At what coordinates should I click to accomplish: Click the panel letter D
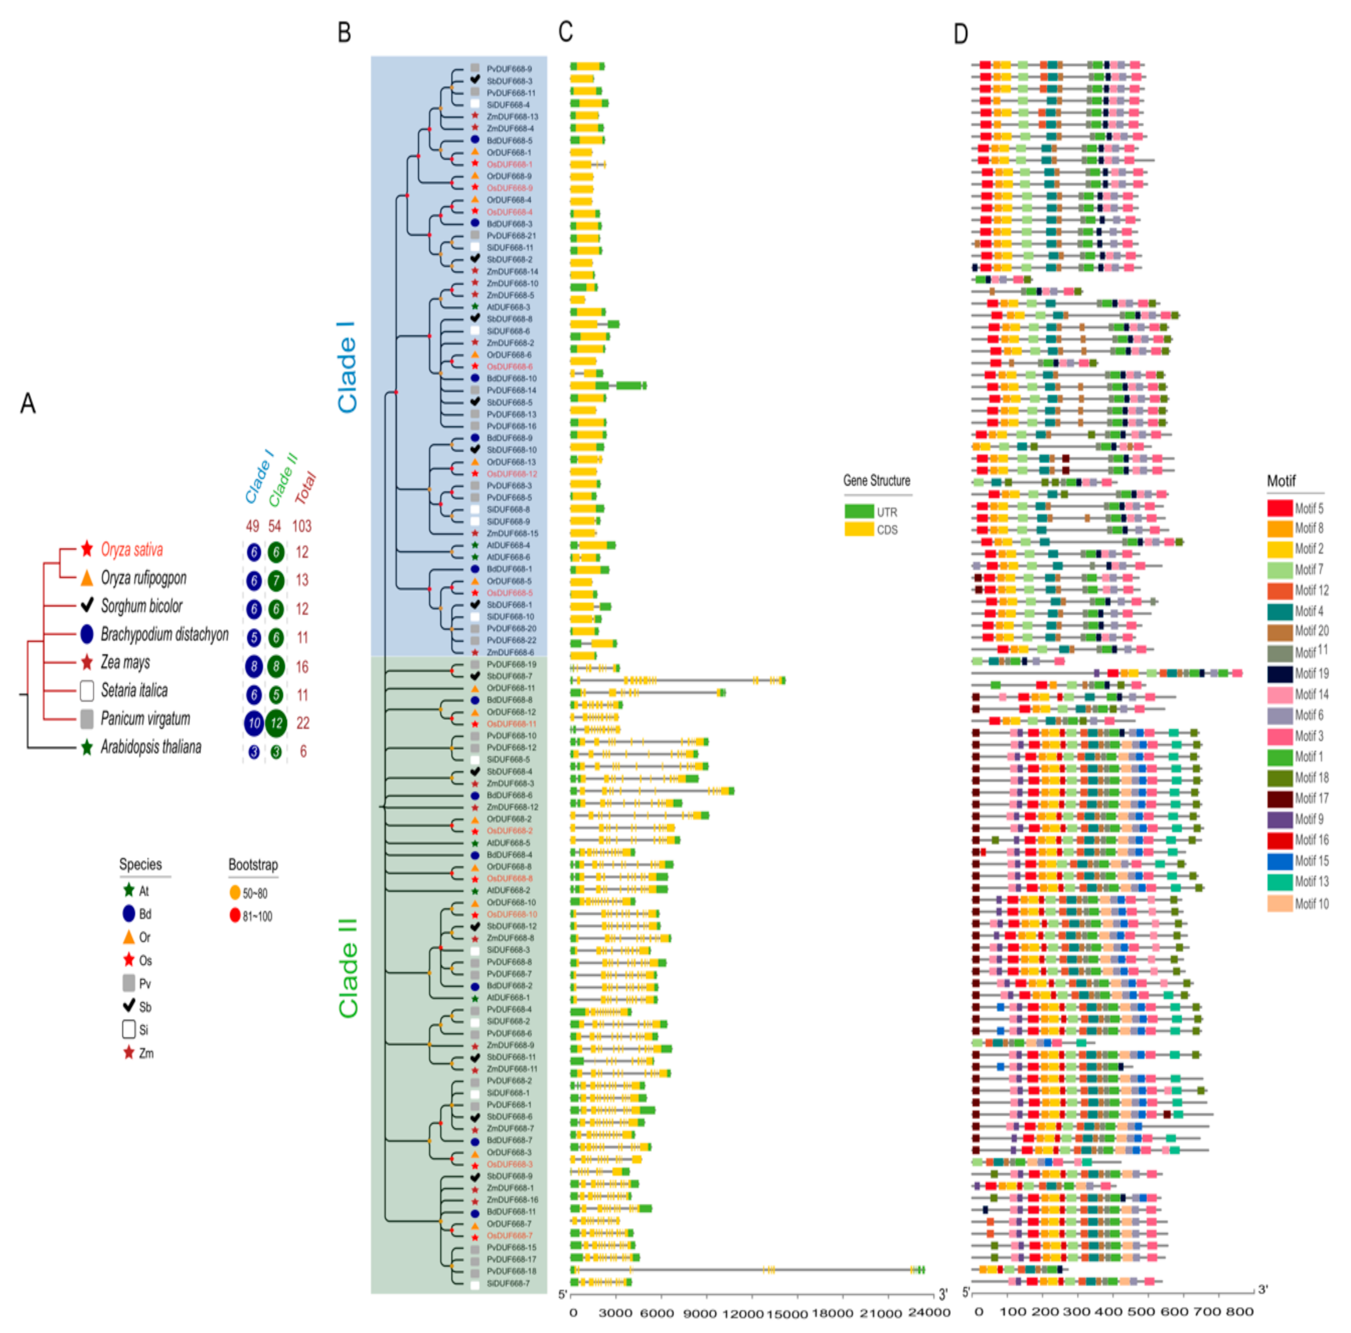click(961, 33)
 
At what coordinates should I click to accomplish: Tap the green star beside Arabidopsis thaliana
click(87, 747)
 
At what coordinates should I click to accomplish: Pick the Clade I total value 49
click(253, 526)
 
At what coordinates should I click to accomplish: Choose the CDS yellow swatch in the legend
click(859, 530)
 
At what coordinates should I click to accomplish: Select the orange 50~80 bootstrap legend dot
click(235, 893)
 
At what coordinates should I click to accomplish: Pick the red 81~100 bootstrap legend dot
click(235, 915)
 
